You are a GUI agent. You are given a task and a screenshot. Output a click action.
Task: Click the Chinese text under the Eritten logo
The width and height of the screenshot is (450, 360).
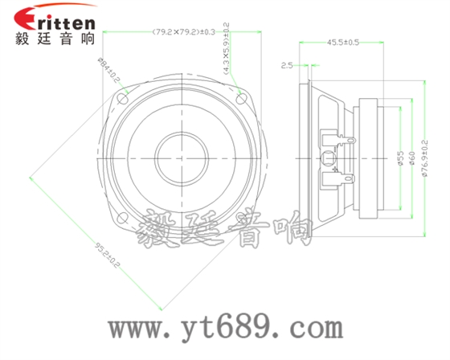pyautogui.click(x=54, y=39)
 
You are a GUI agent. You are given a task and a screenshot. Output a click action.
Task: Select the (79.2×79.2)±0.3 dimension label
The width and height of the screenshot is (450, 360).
pyautogui.click(x=183, y=32)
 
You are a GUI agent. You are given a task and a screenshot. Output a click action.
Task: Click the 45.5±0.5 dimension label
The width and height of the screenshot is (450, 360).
pyautogui.click(x=343, y=42)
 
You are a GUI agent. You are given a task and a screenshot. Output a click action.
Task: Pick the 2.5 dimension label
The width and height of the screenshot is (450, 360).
pyautogui.click(x=287, y=66)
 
